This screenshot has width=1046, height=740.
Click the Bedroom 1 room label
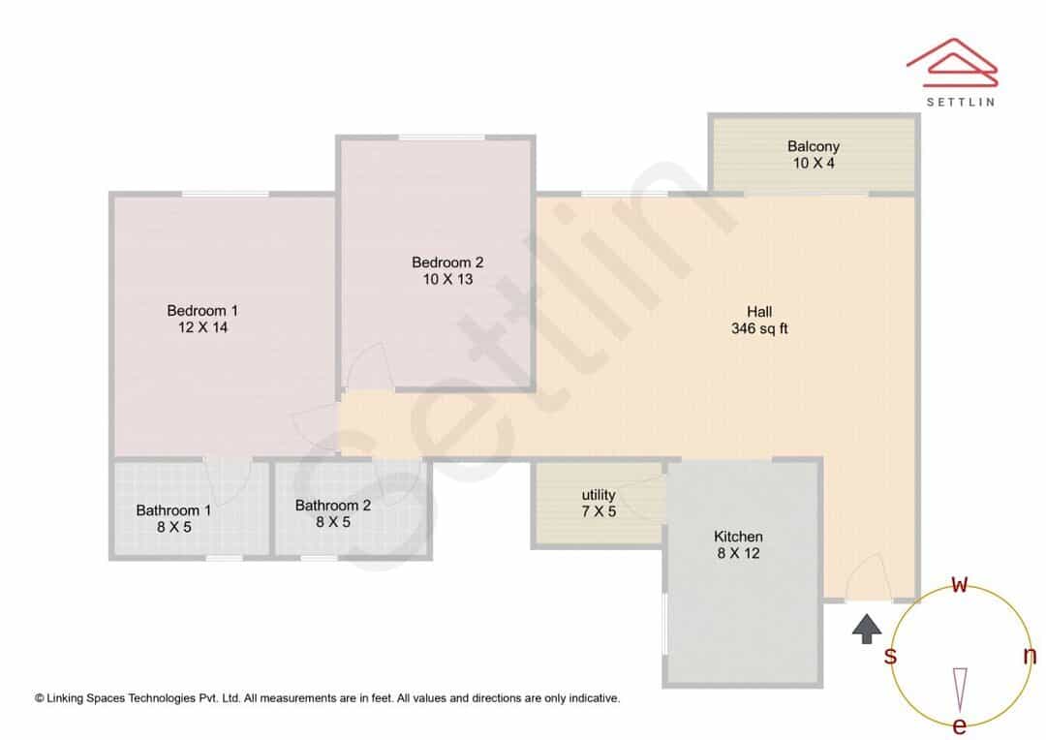[x=202, y=310]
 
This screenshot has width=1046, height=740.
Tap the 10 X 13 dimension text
[x=447, y=279]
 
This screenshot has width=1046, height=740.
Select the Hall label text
[x=759, y=312]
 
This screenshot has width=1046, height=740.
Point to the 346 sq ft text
[x=759, y=328]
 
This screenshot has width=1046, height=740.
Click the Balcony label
[x=814, y=146]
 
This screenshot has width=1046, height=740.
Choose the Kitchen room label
[x=738, y=537]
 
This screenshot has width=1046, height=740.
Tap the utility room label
[x=599, y=495]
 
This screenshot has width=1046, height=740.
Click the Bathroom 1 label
[x=173, y=510]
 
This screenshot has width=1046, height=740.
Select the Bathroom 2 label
[x=333, y=506]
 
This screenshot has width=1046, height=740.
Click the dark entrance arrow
[x=867, y=630]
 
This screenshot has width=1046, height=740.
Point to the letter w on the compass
[x=959, y=584]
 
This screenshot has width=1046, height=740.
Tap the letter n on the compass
[x=1031, y=656]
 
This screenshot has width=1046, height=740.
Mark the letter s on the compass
[x=890, y=656]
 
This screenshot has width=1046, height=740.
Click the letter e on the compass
[x=959, y=725]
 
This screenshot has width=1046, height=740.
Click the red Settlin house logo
[x=953, y=63]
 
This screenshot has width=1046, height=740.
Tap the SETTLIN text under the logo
[x=961, y=102]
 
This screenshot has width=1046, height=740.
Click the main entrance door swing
[x=869, y=578]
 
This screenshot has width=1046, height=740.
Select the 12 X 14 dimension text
[x=202, y=327]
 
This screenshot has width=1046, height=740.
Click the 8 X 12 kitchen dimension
[x=738, y=553]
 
